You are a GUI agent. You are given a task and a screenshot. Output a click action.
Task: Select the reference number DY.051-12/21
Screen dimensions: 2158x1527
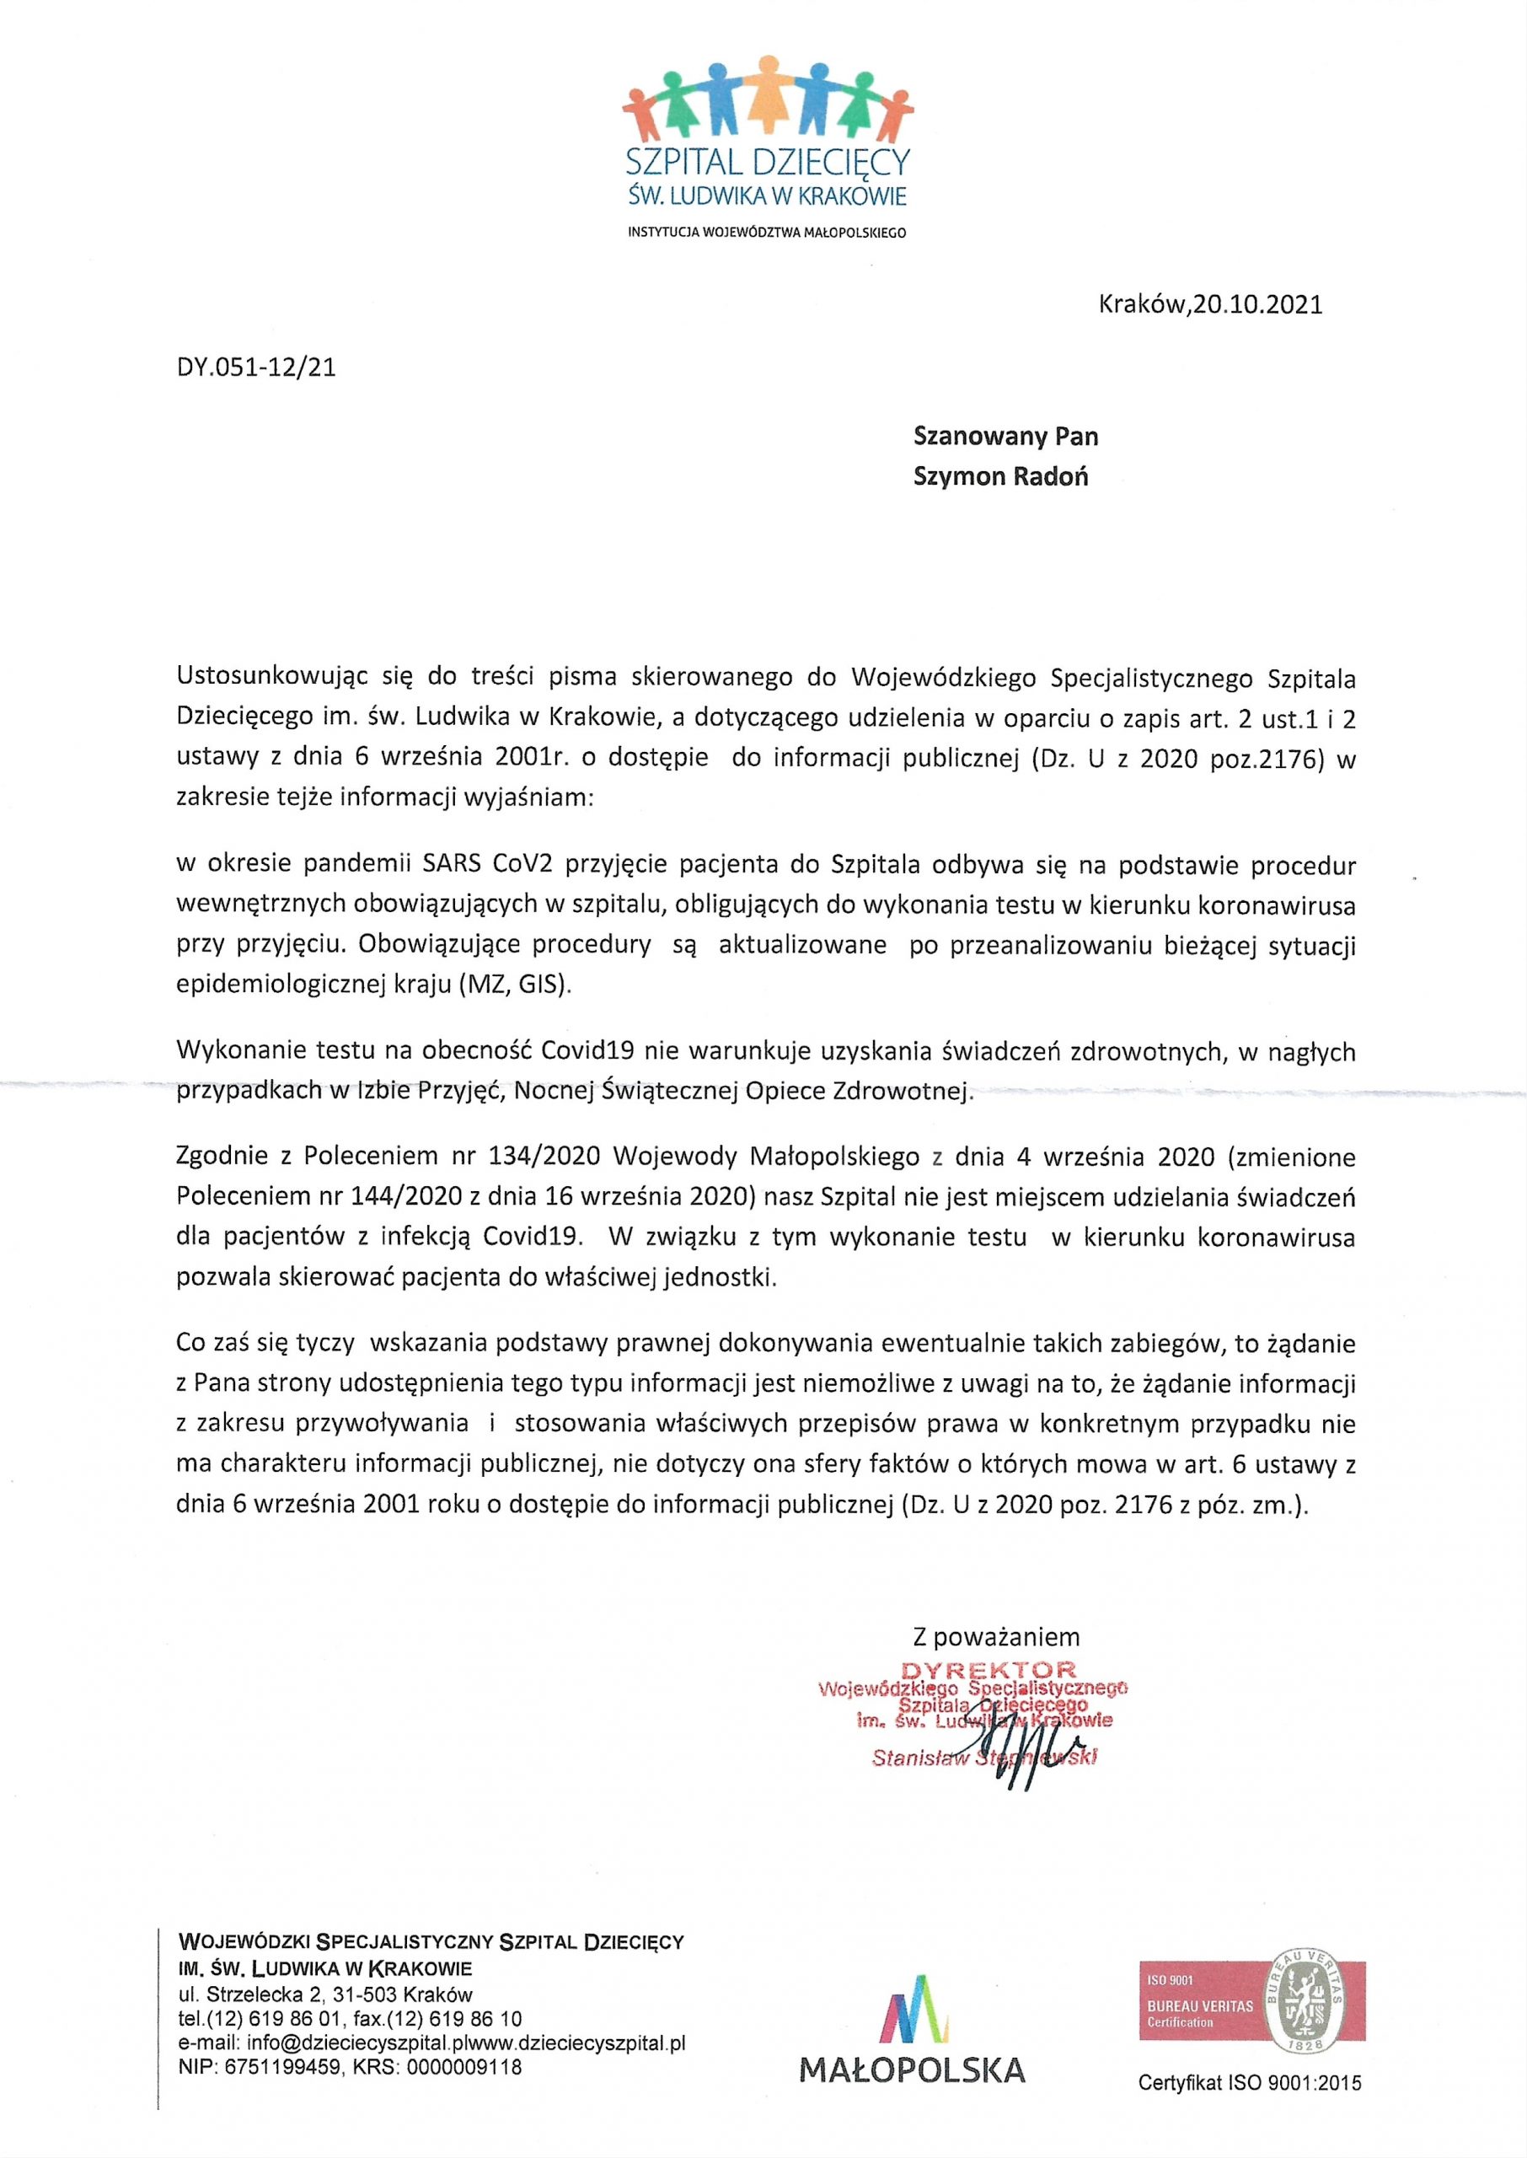pyautogui.click(x=255, y=367)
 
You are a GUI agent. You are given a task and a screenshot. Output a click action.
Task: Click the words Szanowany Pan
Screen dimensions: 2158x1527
pyautogui.click(x=1006, y=437)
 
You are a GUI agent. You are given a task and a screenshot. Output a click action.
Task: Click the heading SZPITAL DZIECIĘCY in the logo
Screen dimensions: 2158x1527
pyautogui.click(x=767, y=163)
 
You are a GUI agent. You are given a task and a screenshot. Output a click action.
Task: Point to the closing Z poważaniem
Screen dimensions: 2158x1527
pyautogui.click(x=997, y=1636)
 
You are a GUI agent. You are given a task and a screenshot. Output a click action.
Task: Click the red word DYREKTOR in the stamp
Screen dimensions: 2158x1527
pyautogui.click(x=989, y=1670)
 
